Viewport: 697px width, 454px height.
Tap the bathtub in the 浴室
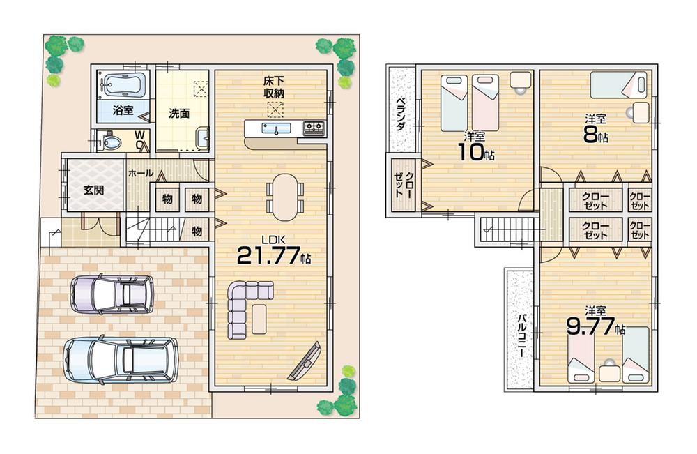click(123, 85)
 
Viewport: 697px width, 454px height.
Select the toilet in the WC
click(110, 142)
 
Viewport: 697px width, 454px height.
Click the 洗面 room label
click(179, 114)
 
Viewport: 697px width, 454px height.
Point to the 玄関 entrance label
click(94, 189)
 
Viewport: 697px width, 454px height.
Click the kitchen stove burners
click(313, 128)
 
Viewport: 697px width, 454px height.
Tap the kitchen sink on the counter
click(277, 128)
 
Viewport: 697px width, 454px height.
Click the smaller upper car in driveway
click(112, 294)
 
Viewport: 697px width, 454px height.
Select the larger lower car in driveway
click(121, 359)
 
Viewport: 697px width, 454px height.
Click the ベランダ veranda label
click(401, 114)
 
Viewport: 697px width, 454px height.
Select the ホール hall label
click(140, 173)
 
